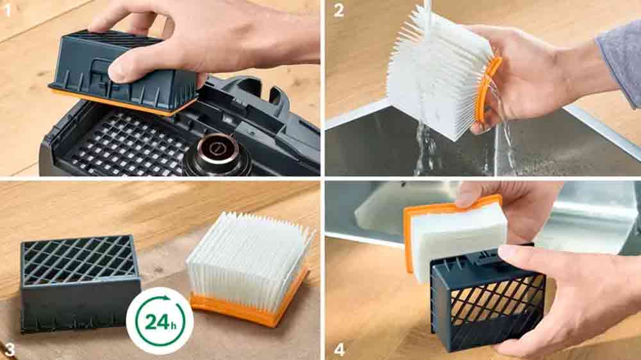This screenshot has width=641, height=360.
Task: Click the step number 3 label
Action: [9, 349]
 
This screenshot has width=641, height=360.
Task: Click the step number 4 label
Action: [339, 349]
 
